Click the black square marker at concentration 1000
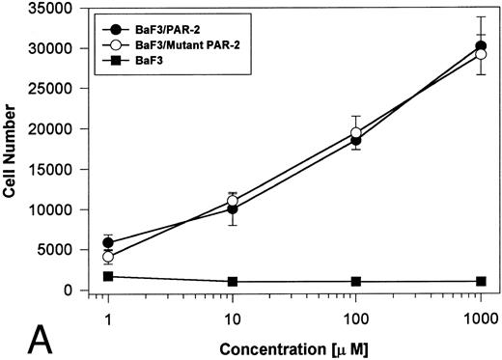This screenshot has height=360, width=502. pyautogui.click(x=480, y=281)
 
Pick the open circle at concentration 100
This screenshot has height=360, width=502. pyautogui.click(x=356, y=132)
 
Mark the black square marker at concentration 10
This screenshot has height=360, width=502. pyautogui.click(x=232, y=282)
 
